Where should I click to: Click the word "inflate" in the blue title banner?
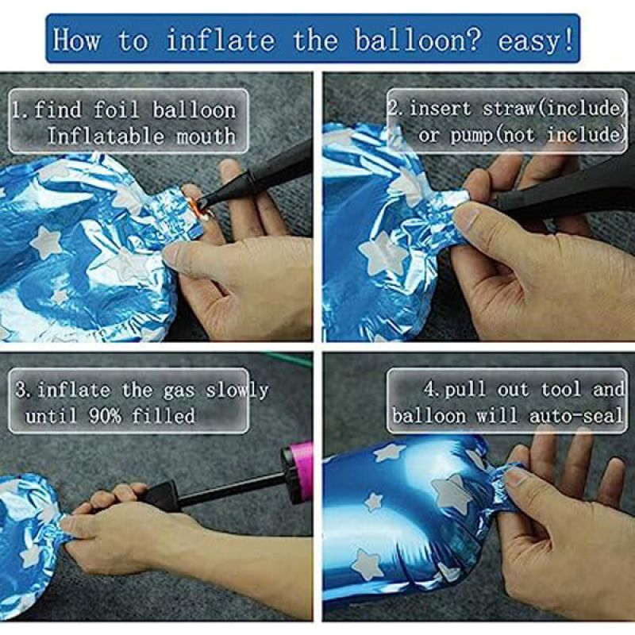(x=221, y=40)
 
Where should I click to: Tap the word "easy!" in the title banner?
(x=536, y=41)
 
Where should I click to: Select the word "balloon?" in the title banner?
(x=418, y=40)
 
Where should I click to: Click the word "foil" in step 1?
(x=117, y=110)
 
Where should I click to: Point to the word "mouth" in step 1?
(x=206, y=136)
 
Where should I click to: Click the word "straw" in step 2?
(x=509, y=109)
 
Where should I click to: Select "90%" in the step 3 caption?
(x=105, y=415)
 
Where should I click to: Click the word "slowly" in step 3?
(x=237, y=391)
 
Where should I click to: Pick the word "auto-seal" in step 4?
(x=576, y=416)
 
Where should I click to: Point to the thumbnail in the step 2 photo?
(x=466, y=217)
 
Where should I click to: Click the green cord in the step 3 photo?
(x=288, y=360)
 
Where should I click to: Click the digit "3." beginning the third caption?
(x=22, y=390)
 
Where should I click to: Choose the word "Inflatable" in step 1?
(x=106, y=136)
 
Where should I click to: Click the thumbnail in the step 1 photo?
(x=172, y=255)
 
